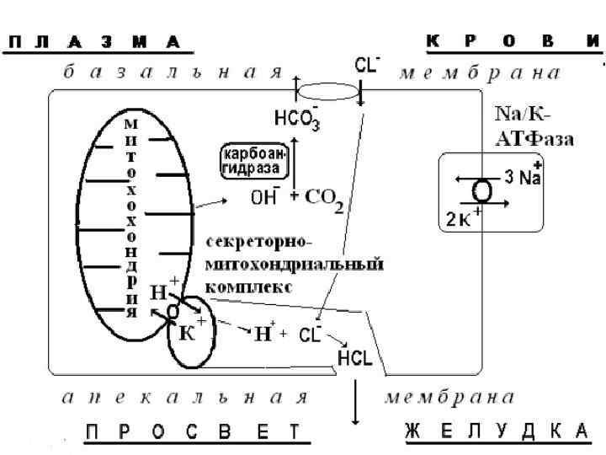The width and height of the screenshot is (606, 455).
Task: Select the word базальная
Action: pyautogui.click(x=169, y=72)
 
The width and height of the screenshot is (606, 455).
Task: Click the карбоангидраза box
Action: pyautogui.click(x=253, y=160)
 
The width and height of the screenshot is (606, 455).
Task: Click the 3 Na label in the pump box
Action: pyautogui.click(x=523, y=177)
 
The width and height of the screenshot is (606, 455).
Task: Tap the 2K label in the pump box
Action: pyautogui.click(x=464, y=219)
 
